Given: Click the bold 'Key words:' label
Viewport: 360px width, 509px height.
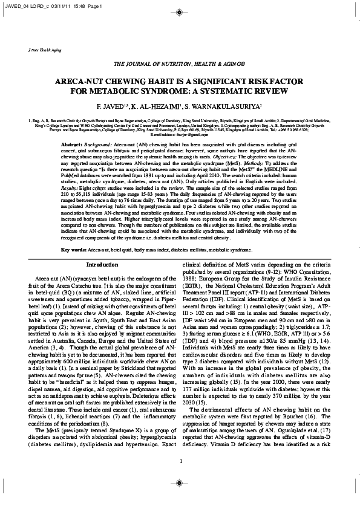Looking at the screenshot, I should (x=73, y=250).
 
